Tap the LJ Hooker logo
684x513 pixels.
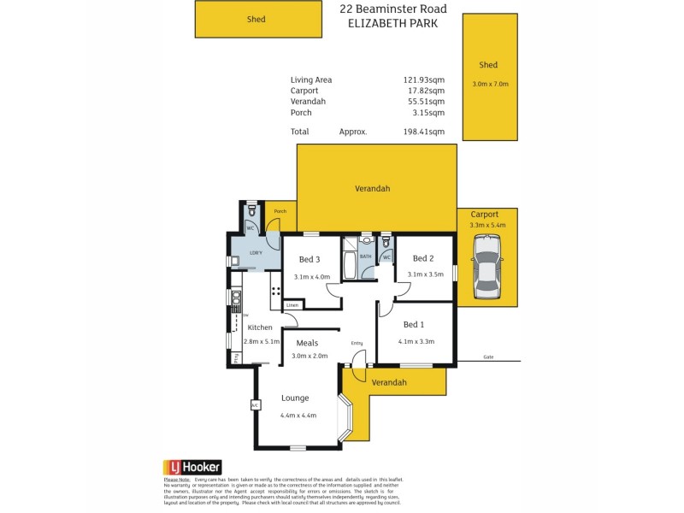point(192,467)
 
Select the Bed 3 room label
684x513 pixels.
point(309,260)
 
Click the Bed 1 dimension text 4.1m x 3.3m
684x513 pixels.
point(416,341)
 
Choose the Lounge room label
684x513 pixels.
point(295,398)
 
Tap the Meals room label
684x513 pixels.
point(307,344)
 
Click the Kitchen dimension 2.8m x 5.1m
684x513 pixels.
point(262,341)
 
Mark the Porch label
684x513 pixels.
point(280,212)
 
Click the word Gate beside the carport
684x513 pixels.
point(488,357)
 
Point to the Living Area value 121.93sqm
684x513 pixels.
point(424,80)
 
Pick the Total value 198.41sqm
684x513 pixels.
point(424,132)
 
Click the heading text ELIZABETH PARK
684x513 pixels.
point(393,24)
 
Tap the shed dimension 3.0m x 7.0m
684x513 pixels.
point(490,84)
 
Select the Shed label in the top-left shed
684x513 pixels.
point(256,19)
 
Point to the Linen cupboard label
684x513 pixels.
point(292,304)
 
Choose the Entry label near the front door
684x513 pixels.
point(357,344)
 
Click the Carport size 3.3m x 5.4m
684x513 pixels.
point(487,225)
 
